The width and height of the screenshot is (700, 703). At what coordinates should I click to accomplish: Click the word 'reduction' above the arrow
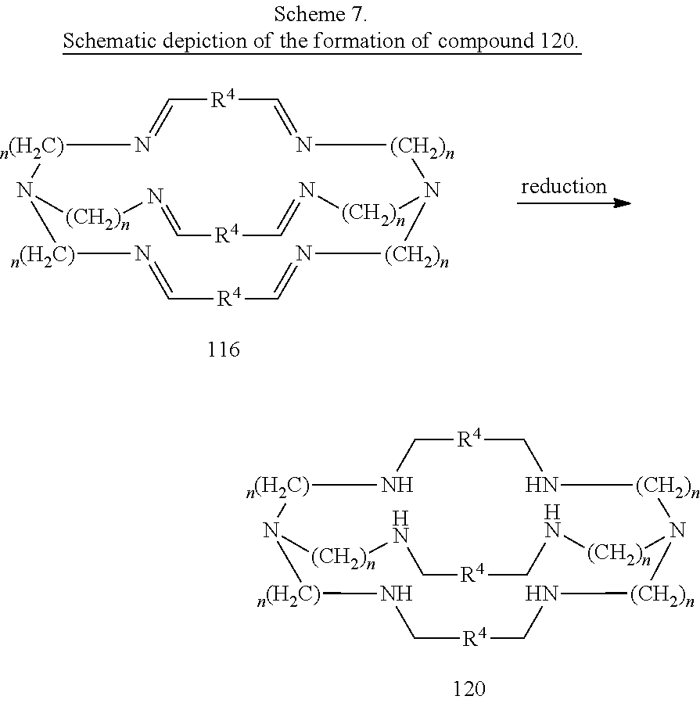[564, 187]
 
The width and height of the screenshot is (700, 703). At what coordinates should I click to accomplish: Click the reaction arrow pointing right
[574, 203]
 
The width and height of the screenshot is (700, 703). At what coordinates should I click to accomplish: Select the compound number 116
[224, 350]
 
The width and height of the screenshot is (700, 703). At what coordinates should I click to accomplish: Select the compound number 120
[469, 688]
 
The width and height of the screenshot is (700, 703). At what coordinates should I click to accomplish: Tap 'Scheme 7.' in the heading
[321, 14]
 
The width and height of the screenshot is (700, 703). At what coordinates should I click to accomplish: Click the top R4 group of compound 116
[223, 99]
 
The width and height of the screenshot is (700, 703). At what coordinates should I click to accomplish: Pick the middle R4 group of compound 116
[227, 234]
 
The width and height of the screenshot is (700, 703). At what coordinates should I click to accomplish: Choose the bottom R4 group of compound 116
[229, 297]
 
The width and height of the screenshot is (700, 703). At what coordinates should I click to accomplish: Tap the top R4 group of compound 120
[469, 439]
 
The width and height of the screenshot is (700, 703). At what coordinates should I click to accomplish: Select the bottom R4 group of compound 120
[474, 637]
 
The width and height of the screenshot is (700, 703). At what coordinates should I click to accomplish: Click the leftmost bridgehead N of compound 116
[26, 190]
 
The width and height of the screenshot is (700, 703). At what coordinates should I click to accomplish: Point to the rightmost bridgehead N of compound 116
[432, 190]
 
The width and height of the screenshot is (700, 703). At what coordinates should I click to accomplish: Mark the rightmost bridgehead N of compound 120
[677, 530]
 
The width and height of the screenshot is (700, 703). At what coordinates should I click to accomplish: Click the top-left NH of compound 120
[397, 485]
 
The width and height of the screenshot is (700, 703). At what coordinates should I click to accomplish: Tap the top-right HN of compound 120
[542, 485]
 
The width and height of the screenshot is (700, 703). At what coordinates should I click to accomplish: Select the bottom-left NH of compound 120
[397, 594]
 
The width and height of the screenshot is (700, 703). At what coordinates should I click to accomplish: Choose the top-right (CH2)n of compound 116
[422, 147]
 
